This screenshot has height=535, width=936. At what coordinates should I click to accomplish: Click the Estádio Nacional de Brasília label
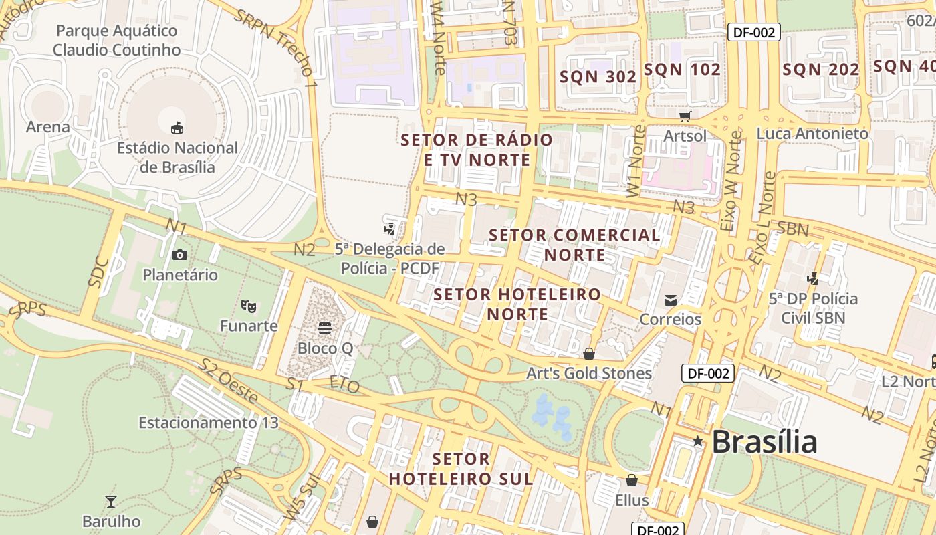pos(177,157)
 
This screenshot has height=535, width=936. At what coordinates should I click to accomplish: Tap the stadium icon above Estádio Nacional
pos(177,127)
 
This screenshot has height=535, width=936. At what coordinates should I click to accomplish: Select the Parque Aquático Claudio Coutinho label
pos(117,40)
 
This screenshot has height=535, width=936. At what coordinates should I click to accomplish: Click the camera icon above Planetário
pos(180,255)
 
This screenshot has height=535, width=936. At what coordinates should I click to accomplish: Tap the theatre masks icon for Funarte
pos(249,306)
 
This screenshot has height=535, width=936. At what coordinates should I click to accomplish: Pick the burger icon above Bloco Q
pos(325,328)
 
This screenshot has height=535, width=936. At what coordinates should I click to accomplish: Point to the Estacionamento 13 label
pos(208,423)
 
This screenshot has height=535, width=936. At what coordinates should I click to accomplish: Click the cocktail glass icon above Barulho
pos(111,501)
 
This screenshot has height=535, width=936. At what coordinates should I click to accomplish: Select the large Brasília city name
pos(764,442)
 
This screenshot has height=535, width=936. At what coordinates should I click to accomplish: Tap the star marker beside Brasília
pos(698,441)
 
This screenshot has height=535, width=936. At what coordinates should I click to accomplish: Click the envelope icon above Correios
pos(671,300)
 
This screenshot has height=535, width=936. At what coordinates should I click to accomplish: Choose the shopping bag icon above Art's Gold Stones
pos(589,353)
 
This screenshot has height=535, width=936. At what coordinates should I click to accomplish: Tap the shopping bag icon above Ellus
pos(632,480)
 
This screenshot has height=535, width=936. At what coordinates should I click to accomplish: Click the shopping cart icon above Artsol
pos(685,117)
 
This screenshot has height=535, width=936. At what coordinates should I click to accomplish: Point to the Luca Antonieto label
pos(812,134)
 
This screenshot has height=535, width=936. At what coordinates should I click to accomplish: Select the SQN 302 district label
pos(598,77)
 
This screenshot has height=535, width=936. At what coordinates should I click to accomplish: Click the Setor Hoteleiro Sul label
pos(461,469)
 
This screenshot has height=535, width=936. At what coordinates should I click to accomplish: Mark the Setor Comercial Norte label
pos(574,245)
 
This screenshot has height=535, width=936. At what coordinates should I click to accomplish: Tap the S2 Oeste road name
pos(228,382)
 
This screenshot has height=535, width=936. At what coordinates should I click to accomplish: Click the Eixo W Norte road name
pos(732,182)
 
